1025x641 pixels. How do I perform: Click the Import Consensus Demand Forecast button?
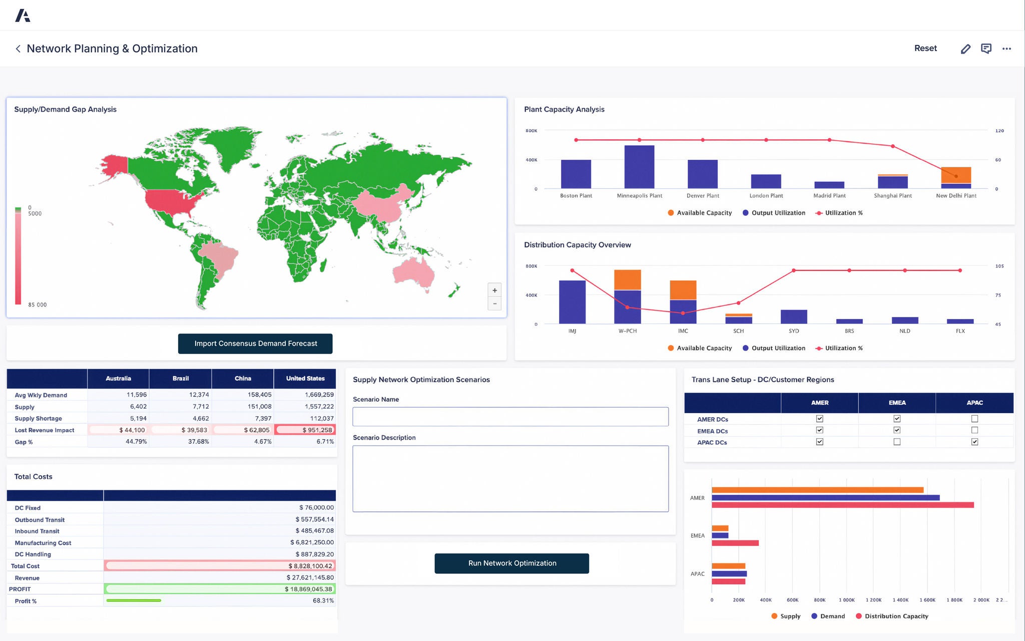[x=255, y=344]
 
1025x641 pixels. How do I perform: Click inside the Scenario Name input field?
[x=510, y=417]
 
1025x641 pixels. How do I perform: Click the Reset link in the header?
[x=925, y=49]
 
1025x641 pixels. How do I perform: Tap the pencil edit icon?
[x=965, y=49]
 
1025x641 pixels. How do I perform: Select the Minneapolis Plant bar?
[x=639, y=167]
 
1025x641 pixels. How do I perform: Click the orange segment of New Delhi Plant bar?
[x=956, y=175]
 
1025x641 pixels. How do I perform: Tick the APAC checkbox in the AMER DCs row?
[x=974, y=419]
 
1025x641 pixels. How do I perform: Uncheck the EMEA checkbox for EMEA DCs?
[x=897, y=430]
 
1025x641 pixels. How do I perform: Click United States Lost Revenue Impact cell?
[x=305, y=430]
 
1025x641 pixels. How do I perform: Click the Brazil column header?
[x=180, y=379]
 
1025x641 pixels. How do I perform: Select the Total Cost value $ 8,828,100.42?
[x=310, y=566]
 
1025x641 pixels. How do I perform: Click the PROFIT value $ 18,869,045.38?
[x=308, y=589]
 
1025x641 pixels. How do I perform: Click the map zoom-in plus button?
[x=494, y=290]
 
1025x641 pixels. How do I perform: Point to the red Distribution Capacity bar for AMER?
[x=842, y=505]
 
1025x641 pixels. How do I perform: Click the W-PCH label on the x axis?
[x=627, y=331]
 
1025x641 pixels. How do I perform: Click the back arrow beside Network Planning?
[x=18, y=49]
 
